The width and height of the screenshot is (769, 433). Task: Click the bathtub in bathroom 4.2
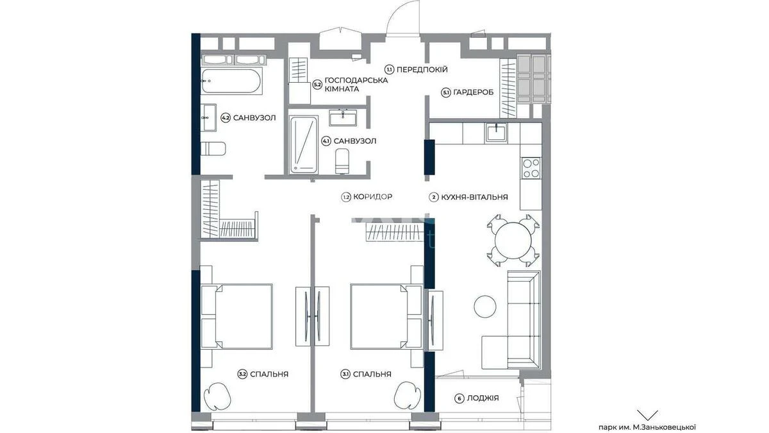232,81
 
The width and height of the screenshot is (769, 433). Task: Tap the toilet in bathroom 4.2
213,149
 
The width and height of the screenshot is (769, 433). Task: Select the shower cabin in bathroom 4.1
304,145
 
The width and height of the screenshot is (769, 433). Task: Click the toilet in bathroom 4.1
342,161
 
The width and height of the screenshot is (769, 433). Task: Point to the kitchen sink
496,133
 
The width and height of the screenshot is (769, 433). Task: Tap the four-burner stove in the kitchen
531,168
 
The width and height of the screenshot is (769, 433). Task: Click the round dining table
513,241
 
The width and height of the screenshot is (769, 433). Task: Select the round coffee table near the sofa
484,306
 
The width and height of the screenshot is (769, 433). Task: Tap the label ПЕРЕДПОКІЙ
422,70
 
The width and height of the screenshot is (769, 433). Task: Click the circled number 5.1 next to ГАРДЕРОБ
445,92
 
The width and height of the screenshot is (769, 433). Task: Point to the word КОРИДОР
373,197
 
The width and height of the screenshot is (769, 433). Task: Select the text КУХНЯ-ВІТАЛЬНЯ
474,198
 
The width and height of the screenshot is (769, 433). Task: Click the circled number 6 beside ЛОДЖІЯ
459,398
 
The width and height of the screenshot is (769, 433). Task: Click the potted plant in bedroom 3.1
407,395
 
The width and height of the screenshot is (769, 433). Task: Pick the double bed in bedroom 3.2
236,316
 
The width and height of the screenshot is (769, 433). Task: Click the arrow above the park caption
647,415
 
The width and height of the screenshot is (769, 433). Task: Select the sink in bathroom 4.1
343,118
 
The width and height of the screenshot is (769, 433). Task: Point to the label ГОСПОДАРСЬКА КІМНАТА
356,85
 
